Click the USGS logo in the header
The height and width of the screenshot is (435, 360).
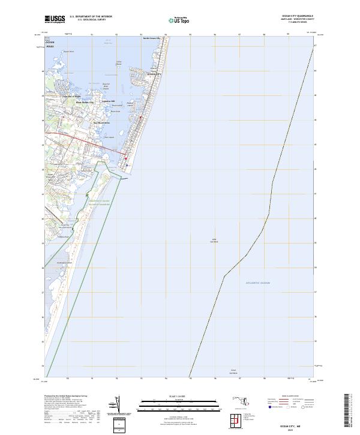[x=55, y=19]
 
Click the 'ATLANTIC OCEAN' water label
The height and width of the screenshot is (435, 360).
[x=258, y=283]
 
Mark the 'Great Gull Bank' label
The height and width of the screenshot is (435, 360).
[x=233, y=372]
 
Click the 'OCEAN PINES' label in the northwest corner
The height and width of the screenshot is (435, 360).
[x=49, y=43]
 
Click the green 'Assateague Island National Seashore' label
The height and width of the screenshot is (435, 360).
[x=100, y=203]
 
